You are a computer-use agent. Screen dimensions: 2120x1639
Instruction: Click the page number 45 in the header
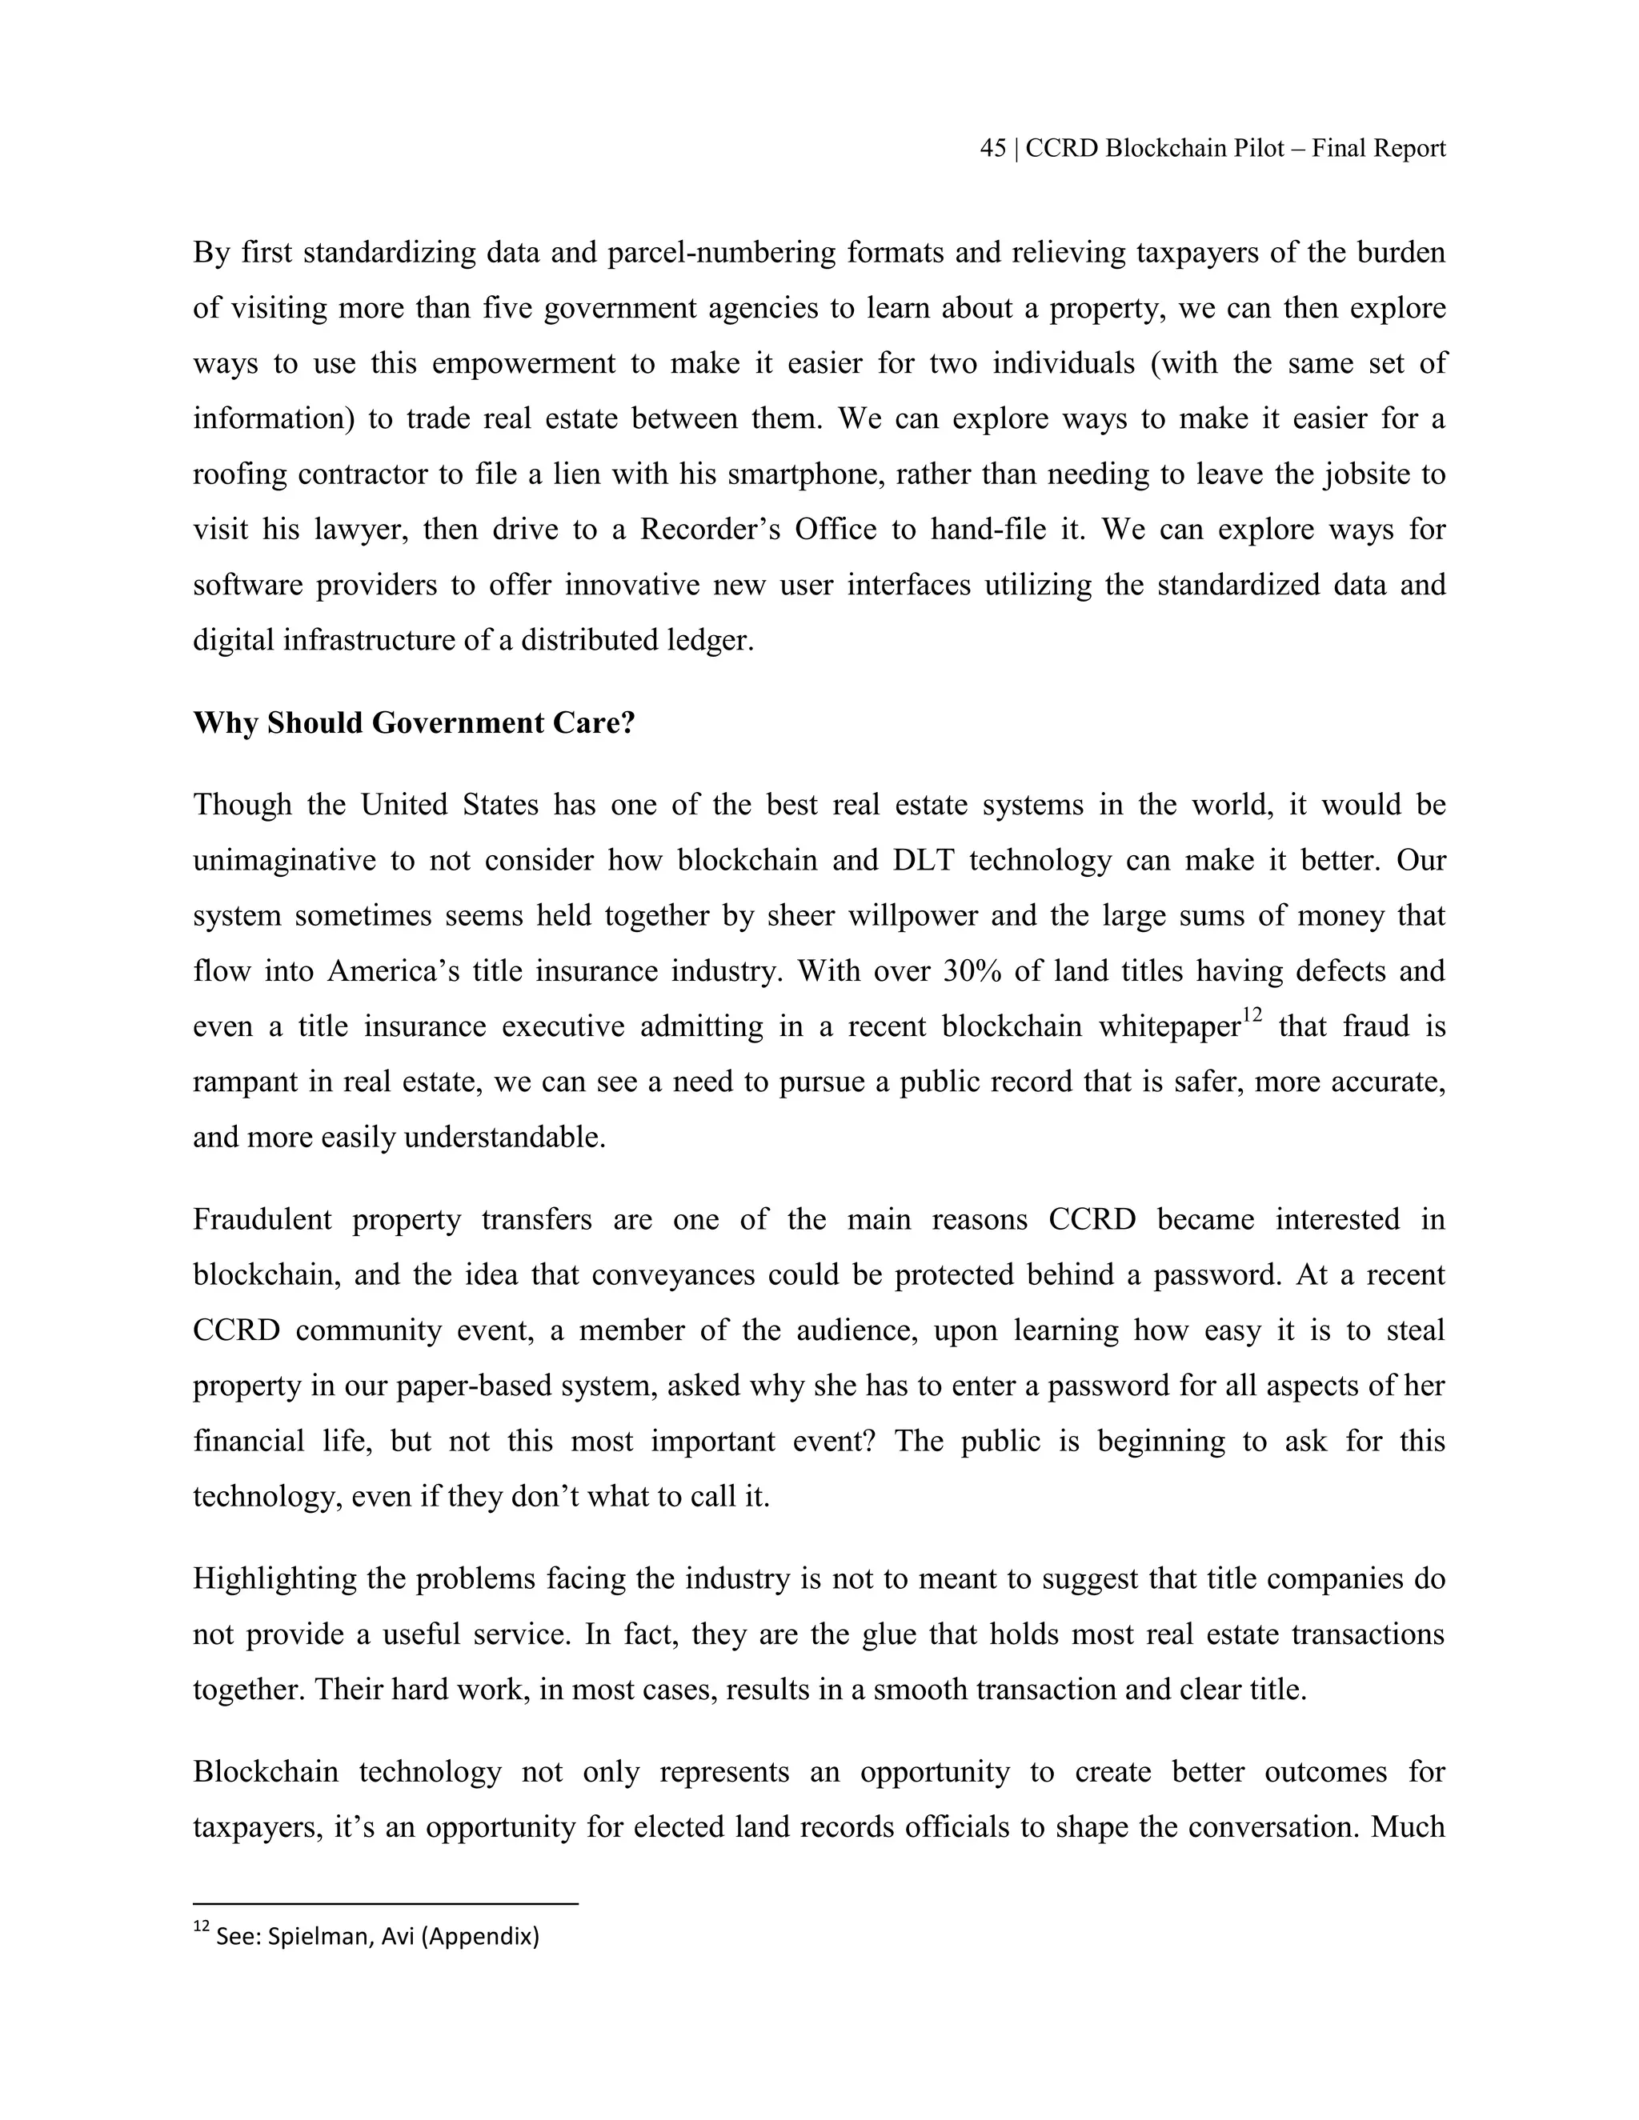[x=992, y=149]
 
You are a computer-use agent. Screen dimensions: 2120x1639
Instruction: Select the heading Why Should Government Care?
[x=413, y=723]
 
